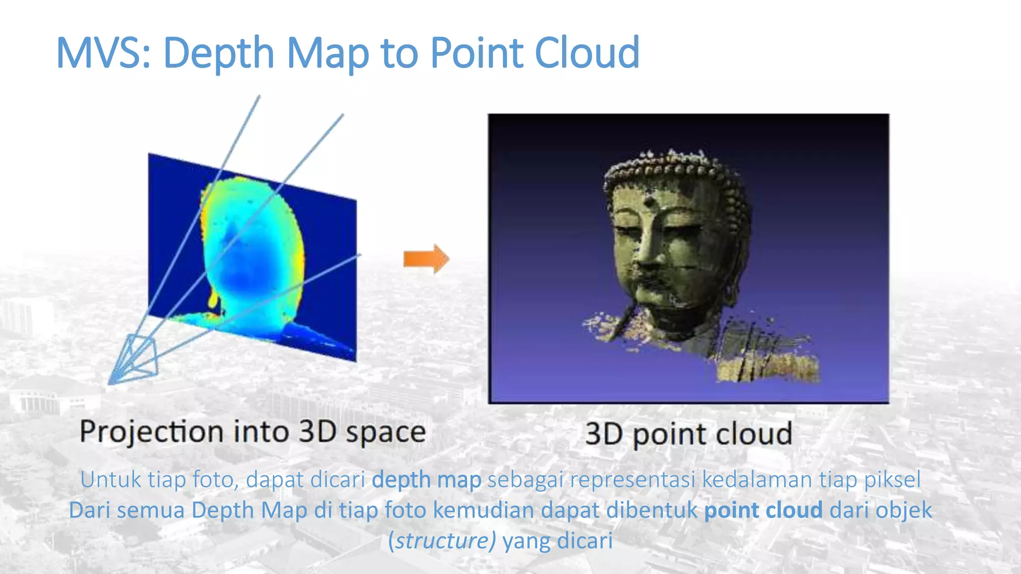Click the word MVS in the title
[x=102, y=53]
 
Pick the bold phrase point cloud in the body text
[x=763, y=510]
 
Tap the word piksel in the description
[x=892, y=480]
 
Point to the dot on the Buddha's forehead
[x=649, y=202]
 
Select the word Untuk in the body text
[x=111, y=480]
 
